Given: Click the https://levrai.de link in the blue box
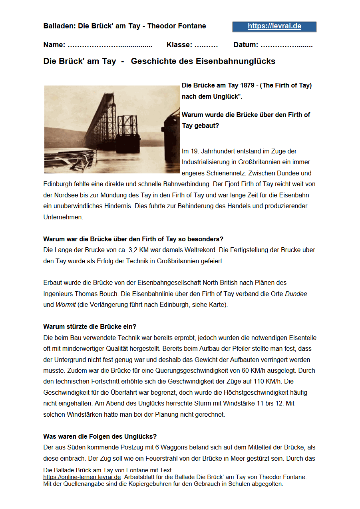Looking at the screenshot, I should click(x=274, y=26).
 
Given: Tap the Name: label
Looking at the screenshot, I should click(x=54, y=45).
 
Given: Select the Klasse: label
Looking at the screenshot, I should click(x=179, y=45).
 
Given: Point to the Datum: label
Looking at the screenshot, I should click(x=246, y=45).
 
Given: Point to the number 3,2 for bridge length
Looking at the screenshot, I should click(x=140, y=250).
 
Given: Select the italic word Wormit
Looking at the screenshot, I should click(x=66, y=304).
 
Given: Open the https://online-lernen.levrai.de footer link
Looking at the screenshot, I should click(x=82, y=477).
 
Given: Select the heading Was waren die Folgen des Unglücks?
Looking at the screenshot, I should click(x=100, y=436).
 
